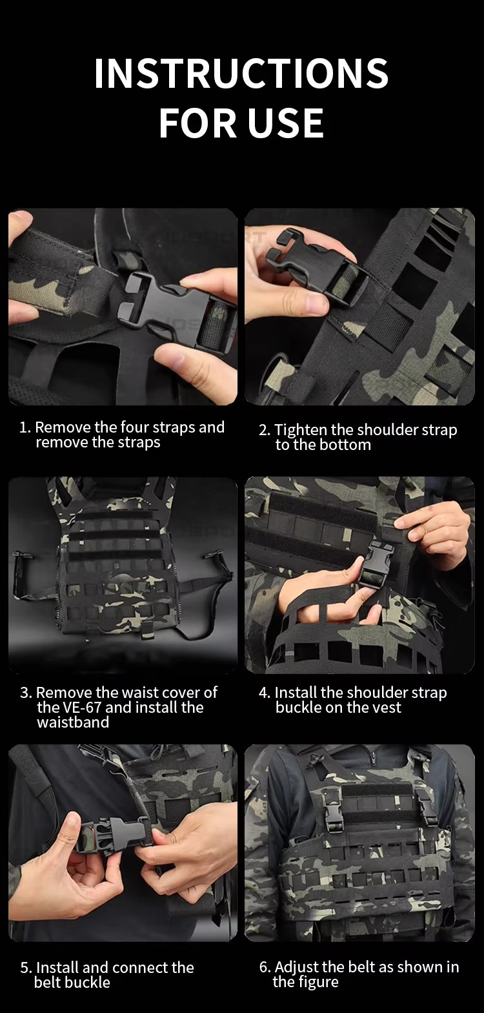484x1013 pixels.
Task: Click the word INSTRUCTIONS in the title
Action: (x=241, y=73)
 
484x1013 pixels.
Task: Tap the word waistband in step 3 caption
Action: (x=73, y=722)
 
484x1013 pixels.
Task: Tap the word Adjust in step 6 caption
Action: (x=297, y=967)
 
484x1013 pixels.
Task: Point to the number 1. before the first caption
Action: (x=25, y=427)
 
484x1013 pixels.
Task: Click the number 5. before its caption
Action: (x=26, y=968)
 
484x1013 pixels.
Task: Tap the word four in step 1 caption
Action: (x=135, y=427)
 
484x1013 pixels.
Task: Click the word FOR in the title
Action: (x=197, y=123)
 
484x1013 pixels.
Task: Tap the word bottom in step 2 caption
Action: (x=346, y=445)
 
